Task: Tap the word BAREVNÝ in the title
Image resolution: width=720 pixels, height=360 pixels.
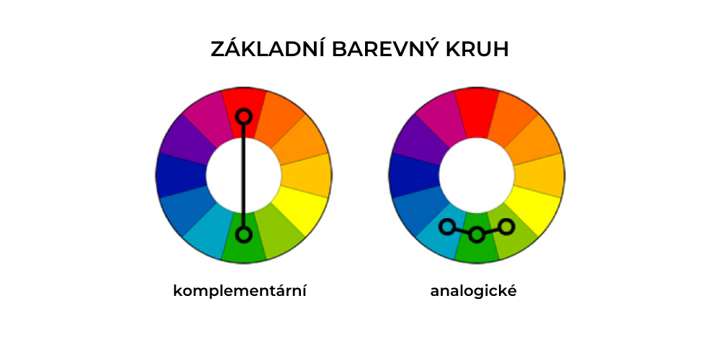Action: click(382, 49)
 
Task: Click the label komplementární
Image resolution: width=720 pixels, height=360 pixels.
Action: click(240, 292)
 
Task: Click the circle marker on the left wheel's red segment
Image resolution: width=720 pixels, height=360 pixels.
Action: click(243, 115)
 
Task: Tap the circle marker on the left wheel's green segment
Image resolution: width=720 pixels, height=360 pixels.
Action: click(243, 235)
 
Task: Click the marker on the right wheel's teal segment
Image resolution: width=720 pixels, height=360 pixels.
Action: click(446, 227)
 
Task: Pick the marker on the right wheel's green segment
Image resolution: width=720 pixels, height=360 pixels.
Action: click(477, 235)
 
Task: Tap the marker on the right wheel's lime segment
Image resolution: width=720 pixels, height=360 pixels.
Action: click(506, 227)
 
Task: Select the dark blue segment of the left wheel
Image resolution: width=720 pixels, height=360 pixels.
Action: click(180, 175)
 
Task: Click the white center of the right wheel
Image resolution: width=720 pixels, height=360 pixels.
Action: click(477, 175)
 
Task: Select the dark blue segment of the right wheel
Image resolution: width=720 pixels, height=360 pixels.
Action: click(413, 175)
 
